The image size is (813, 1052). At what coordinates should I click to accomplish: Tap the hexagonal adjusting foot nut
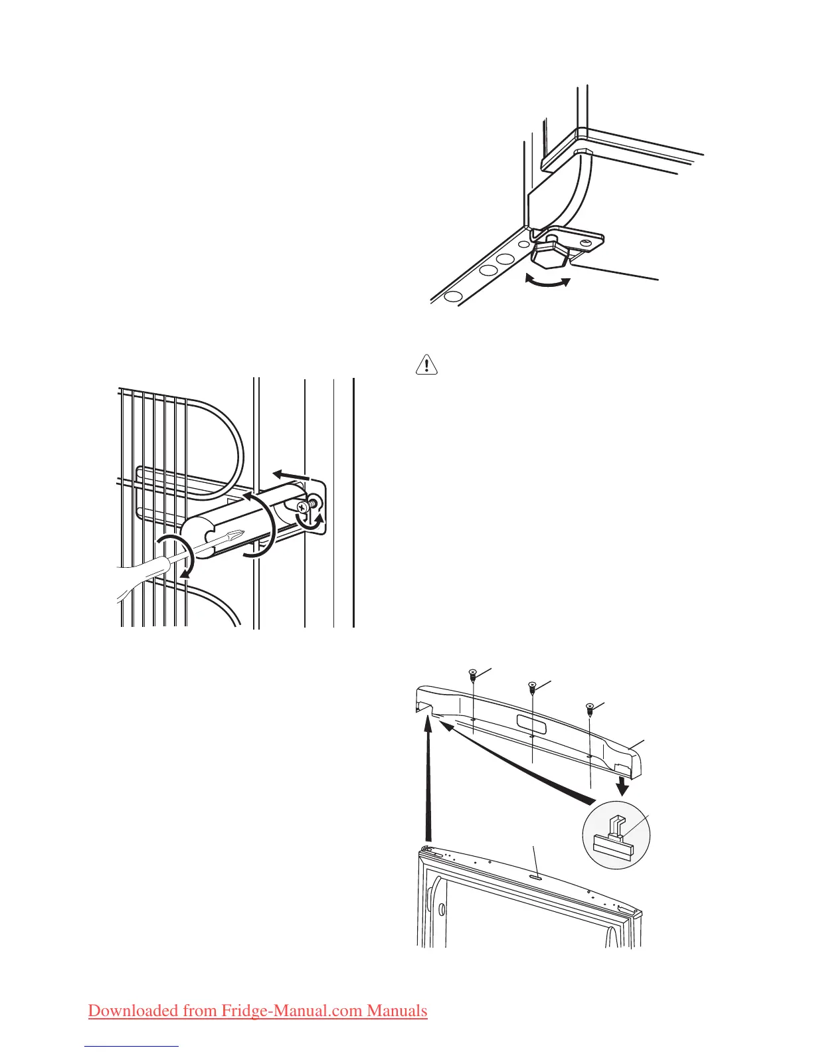point(551,252)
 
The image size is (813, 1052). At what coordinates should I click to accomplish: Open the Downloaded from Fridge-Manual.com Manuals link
point(258,1010)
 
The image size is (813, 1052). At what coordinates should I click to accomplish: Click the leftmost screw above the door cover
point(472,674)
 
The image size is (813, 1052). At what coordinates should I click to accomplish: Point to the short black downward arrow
point(623,785)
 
